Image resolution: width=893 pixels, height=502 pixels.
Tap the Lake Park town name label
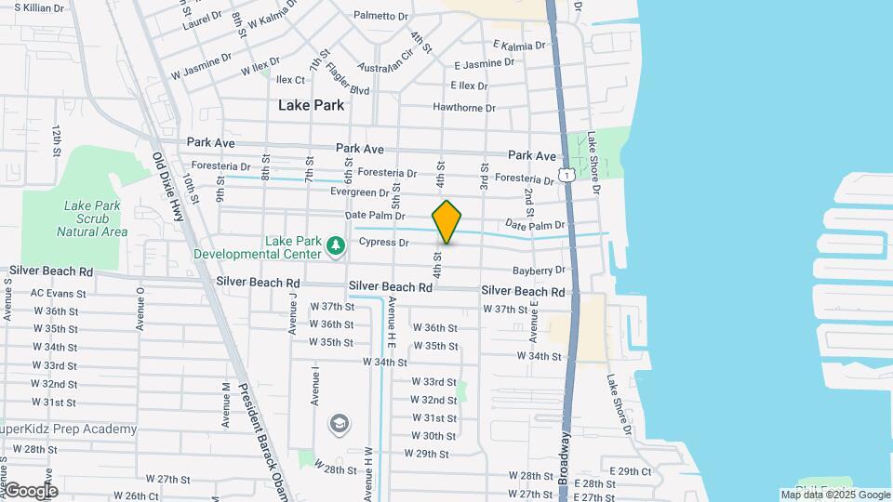pyautogui.click(x=311, y=105)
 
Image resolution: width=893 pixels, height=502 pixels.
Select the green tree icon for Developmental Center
pyautogui.click(x=335, y=245)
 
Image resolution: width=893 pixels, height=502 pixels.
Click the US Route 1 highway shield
pyautogui.click(x=565, y=175)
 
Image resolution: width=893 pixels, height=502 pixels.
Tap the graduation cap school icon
pyautogui.click(x=340, y=424)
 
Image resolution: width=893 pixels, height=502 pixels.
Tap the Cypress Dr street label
pyautogui.click(x=384, y=243)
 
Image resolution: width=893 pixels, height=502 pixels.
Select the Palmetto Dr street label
pyautogui.click(x=380, y=17)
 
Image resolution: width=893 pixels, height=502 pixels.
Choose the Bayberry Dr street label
pyautogui.click(x=539, y=271)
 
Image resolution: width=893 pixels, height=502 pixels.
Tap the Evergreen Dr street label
pyautogui.click(x=359, y=192)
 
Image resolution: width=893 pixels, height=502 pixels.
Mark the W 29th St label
pyautogui.click(x=427, y=454)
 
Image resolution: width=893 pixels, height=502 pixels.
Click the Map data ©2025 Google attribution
pyautogui.click(x=834, y=495)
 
